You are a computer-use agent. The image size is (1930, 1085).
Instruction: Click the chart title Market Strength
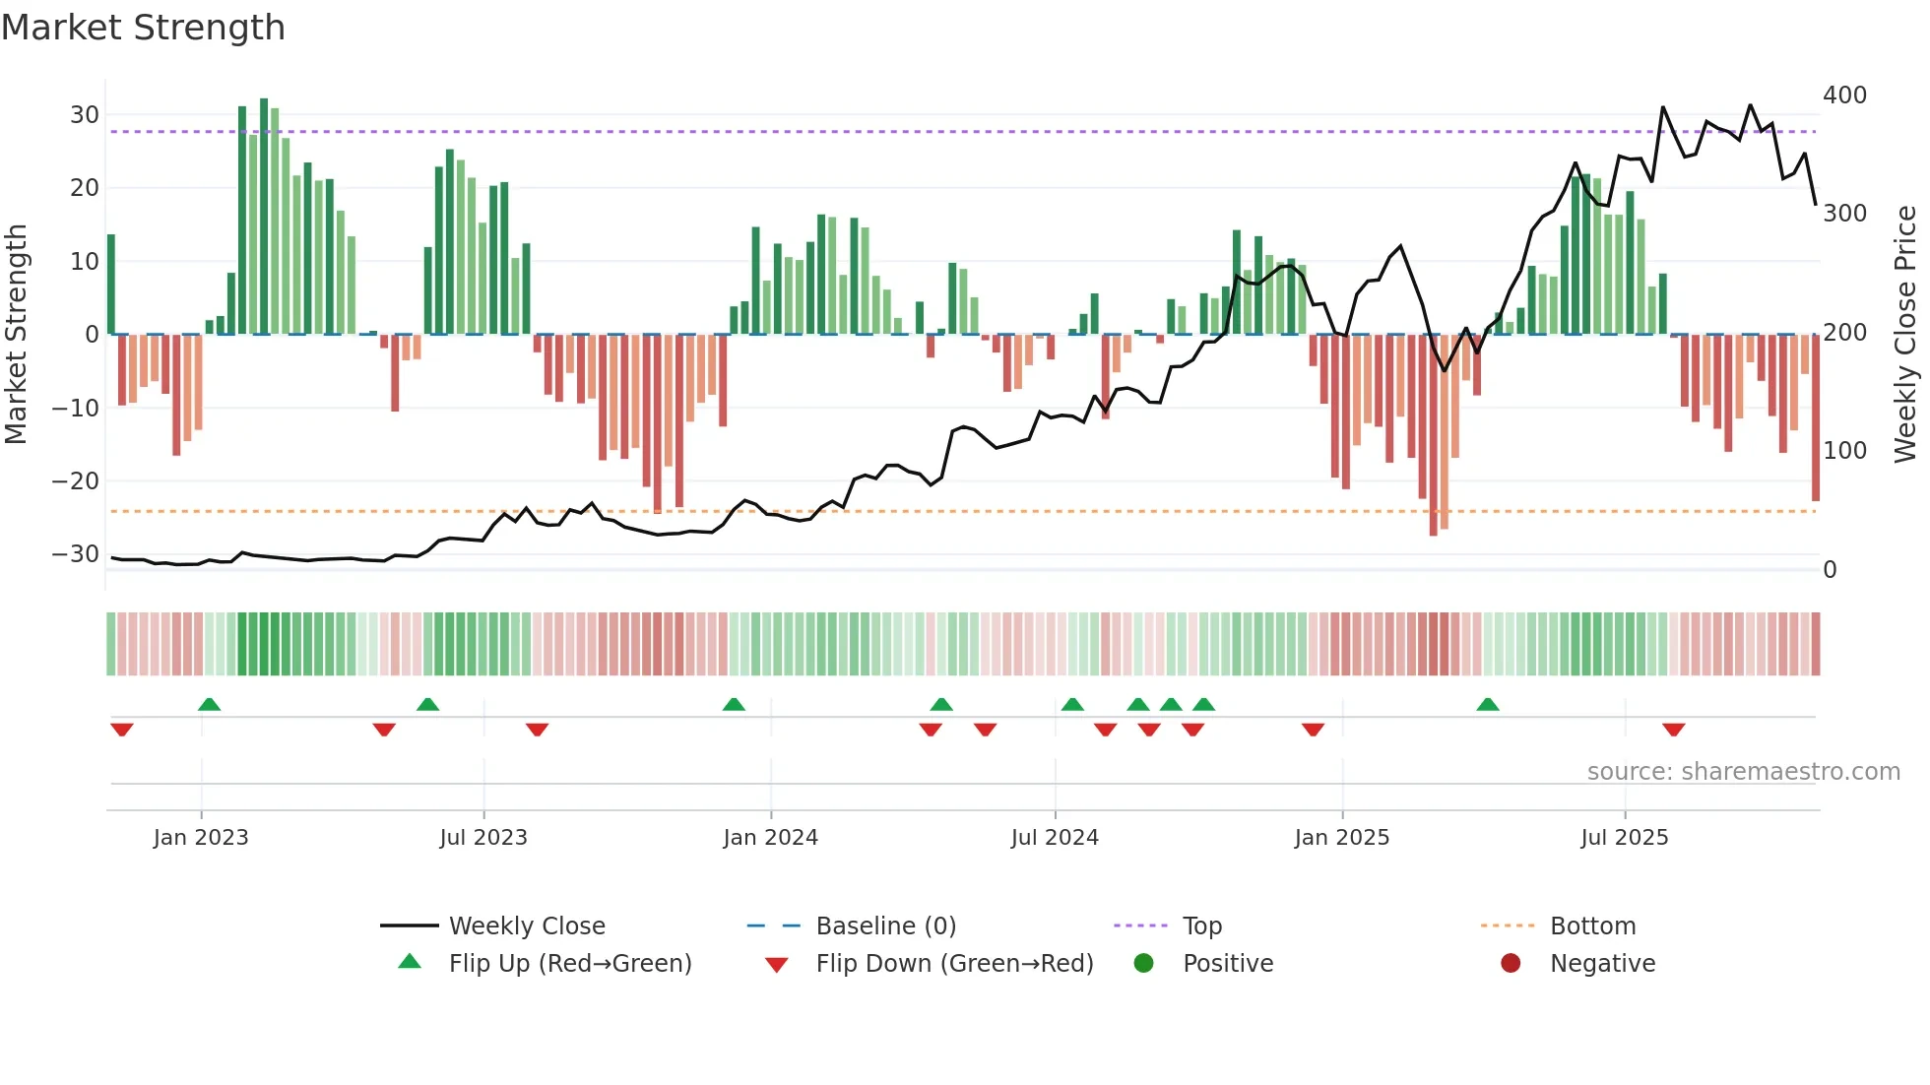143,28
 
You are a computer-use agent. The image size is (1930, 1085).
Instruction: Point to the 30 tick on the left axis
85,115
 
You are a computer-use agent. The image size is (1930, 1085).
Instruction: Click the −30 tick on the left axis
77,554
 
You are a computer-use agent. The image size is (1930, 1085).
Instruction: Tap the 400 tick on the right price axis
1844,96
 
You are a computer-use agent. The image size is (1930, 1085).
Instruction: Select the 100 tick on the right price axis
1844,451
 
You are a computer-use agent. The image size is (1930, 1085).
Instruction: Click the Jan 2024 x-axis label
770,838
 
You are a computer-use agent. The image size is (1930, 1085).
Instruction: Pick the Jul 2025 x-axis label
1624,838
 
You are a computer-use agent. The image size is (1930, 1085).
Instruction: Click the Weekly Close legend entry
526,926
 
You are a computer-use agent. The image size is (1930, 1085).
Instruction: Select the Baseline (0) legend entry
885,926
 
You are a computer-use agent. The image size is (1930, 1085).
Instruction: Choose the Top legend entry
1201,926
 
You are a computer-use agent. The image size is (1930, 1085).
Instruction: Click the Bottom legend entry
1592,926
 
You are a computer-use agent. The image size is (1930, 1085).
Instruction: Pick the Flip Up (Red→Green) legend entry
569,964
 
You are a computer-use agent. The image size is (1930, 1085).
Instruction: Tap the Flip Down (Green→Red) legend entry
953,964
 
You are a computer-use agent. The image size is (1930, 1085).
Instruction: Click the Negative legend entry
1602,964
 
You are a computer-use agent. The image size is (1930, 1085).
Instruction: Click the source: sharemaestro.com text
1743,772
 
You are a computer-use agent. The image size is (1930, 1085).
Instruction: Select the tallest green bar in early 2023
264,217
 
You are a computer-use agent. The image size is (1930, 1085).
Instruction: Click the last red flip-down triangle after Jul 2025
1673,730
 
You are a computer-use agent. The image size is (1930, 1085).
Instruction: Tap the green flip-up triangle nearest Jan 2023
209,704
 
